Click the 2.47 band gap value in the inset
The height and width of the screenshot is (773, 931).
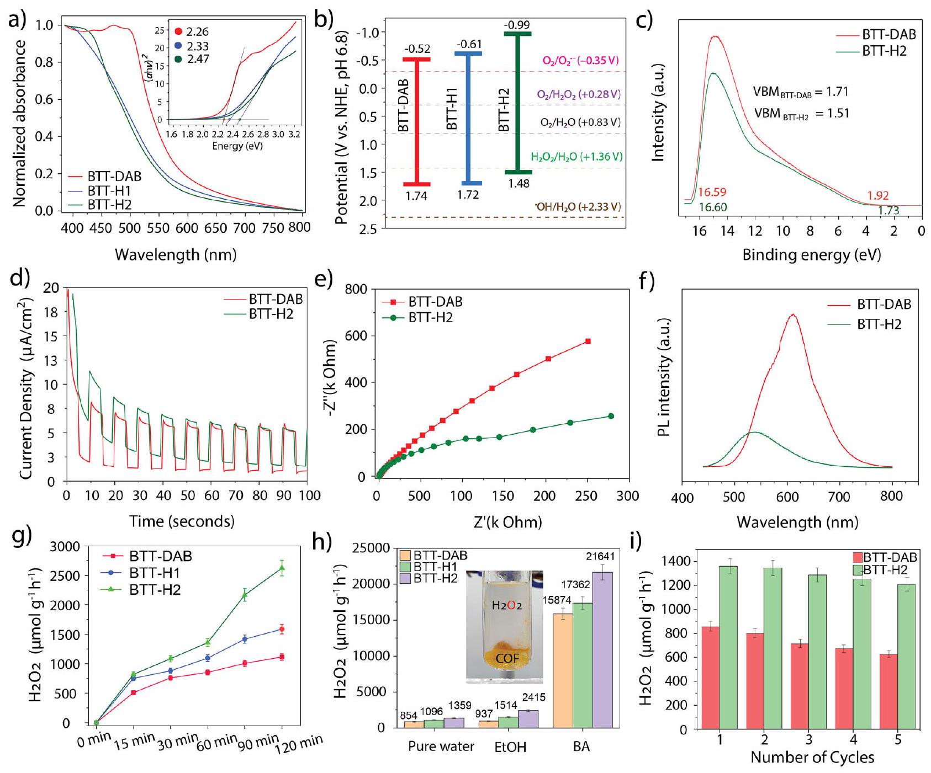[198, 59]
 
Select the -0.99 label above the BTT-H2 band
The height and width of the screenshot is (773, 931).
[517, 25]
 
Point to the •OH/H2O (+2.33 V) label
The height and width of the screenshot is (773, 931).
[578, 207]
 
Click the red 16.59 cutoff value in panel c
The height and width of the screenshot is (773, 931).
[712, 193]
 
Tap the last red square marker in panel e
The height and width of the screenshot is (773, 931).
[588, 342]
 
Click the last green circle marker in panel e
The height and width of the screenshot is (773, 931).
[611, 416]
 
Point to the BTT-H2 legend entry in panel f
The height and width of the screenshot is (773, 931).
[879, 324]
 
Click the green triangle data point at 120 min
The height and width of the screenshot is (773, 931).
[282, 568]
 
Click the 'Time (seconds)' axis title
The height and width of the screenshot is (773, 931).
[182, 521]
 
